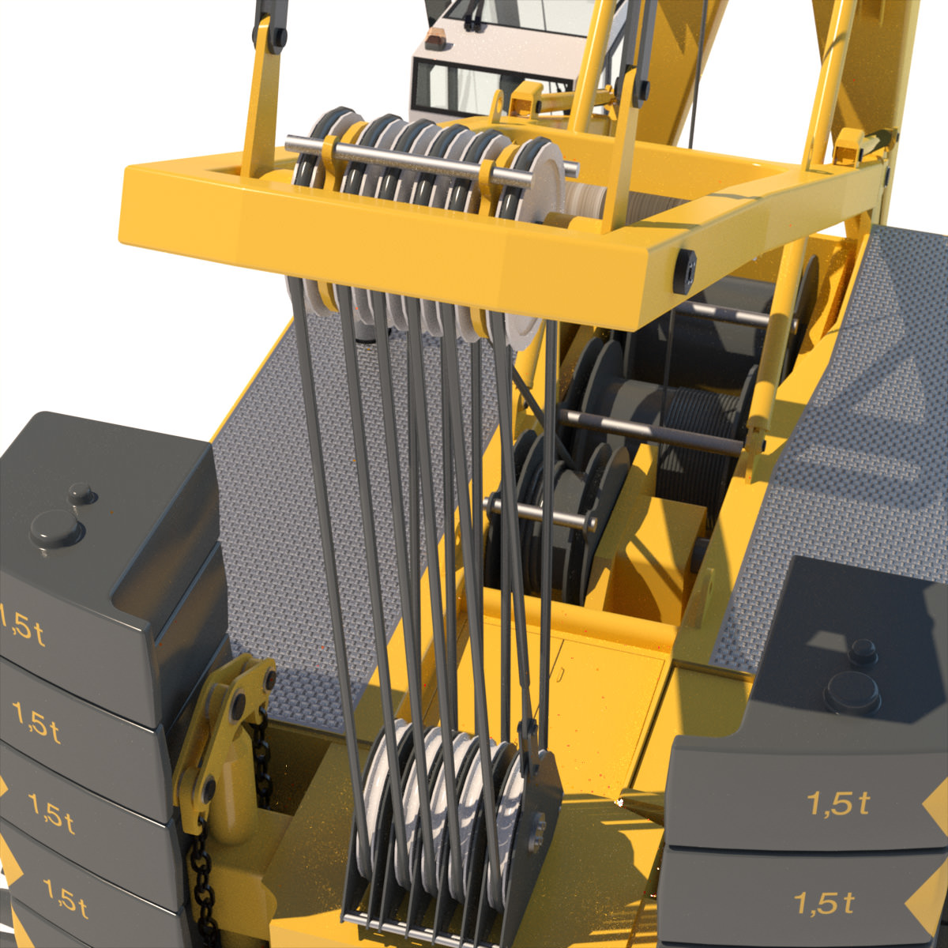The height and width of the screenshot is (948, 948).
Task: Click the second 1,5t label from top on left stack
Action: (x=36, y=722)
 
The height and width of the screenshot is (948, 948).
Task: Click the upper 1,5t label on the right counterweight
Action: (x=837, y=803)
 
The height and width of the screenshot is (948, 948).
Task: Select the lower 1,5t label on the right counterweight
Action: (x=824, y=902)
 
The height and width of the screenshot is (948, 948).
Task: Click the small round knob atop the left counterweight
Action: (x=81, y=495)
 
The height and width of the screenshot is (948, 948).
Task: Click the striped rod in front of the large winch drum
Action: (x=648, y=431)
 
